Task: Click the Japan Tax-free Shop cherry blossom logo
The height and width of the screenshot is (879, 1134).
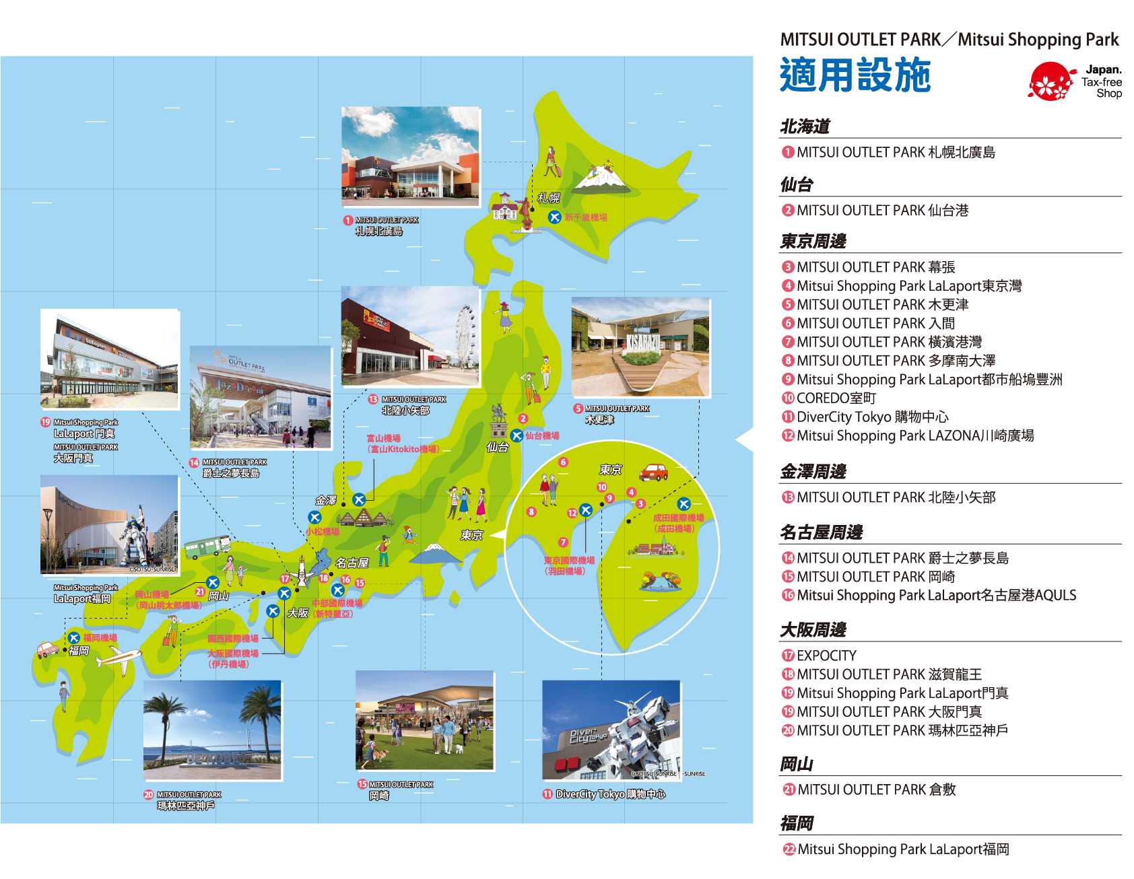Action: [x=1050, y=81]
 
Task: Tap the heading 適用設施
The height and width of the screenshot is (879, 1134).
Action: [x=855, y=75]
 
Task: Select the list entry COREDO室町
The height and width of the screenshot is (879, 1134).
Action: [x=836, y=398]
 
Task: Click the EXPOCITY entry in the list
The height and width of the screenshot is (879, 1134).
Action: [x=826, y=656]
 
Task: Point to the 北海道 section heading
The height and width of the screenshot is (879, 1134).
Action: [x=805, y=127]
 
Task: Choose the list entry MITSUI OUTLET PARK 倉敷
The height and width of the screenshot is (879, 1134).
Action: [x=876, y=789]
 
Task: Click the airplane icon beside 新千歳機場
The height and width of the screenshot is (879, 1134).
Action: [x=554, y=217]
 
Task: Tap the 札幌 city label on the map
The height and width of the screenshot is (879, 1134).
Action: [x=548, y=198]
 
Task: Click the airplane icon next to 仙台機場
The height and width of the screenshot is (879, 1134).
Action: [x=516, y=435]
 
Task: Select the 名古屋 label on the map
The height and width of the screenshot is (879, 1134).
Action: [x=352, y=563]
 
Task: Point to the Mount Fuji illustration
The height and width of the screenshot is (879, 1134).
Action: [x=435, y=553]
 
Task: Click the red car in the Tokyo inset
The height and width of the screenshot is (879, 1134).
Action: [x=653, y=472]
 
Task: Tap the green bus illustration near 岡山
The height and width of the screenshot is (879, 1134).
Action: [x=207, y=547]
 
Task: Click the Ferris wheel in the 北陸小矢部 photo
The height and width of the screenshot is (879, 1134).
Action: [x=465, y=335]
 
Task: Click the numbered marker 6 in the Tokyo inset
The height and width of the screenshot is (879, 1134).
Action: [x=564, y=462]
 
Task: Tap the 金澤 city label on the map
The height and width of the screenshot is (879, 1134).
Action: [x=326, y=500]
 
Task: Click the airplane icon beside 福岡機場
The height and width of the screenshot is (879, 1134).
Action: [x=73, y=637]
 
